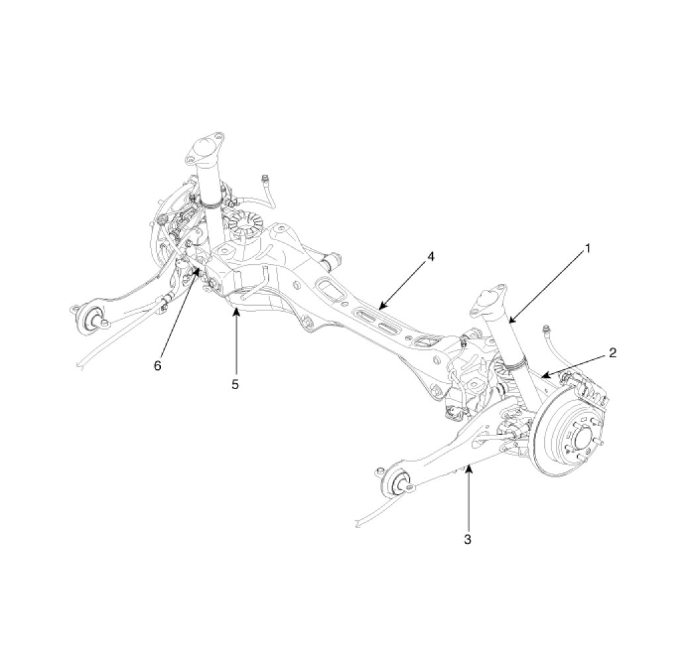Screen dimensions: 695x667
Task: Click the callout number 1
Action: point(586,249)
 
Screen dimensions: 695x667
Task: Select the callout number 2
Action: point(613,353)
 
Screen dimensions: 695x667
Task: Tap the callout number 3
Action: point(467,539)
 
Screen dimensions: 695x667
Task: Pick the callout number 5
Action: point(235,384)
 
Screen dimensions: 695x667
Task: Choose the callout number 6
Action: point(158,365)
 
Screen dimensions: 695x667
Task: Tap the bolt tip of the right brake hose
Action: point(545,329)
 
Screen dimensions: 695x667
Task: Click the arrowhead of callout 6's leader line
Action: point(197,271)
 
